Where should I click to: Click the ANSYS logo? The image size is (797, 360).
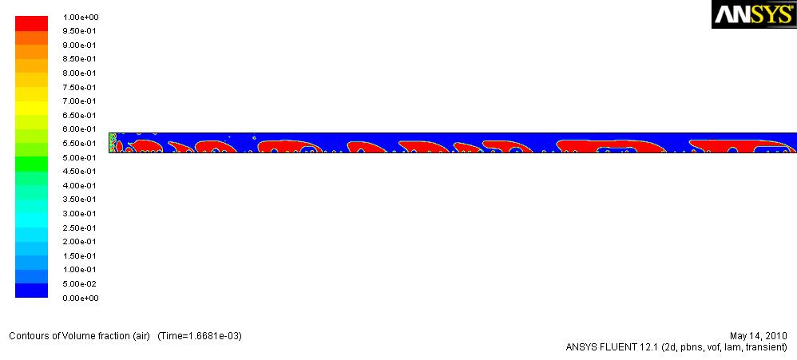coord(754,14)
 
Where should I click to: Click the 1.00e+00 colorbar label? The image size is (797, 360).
coord(81,18)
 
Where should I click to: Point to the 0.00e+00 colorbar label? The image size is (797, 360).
coord(81,298)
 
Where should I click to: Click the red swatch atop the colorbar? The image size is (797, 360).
coord(31,24)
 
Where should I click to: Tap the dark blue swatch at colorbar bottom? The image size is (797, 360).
coord(31,291)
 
